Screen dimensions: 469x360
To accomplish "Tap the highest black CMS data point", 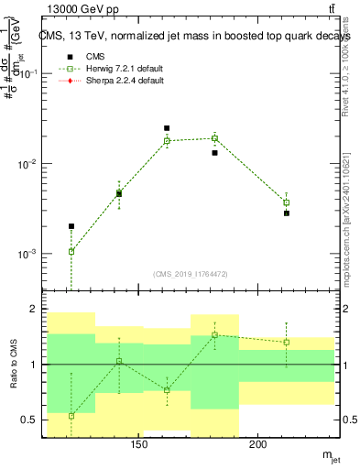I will (167, 128).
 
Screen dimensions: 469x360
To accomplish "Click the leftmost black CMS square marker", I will (71, 226).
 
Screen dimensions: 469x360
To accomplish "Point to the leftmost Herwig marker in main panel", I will (71, 251).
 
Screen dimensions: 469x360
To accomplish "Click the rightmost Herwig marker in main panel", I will (286, 202).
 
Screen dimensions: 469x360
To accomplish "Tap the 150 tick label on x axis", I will (138, 446).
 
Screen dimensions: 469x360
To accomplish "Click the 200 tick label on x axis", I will (257, 446).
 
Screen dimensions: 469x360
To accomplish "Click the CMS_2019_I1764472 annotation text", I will (190, 273).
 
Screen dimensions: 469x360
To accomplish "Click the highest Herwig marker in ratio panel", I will (214, 334).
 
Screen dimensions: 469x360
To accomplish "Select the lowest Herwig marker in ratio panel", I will (71, 416).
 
